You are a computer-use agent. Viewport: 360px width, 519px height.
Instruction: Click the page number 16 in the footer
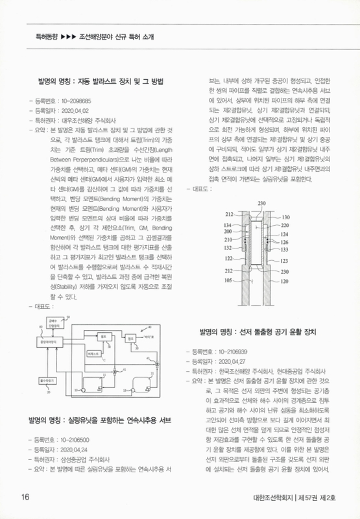click(x=25, y=498)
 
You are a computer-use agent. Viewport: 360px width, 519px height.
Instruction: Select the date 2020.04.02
click(x=77, y=110)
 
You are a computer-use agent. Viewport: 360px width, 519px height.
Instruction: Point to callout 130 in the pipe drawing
click(x=285, y=217)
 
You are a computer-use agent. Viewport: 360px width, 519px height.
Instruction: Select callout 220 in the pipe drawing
click(x=285, y=225)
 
